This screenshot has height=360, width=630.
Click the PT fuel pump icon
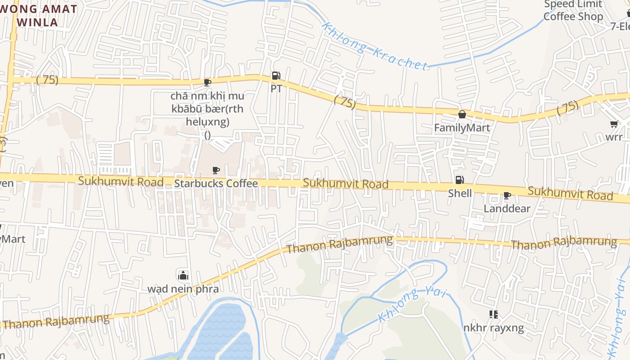[x=276, y=76]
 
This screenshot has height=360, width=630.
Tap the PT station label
[x=276, y=89]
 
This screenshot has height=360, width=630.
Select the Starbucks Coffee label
[x=216, y=183]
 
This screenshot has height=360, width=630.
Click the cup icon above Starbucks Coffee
[x=216, y=170]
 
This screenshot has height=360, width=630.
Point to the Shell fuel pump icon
[x=459, y=180]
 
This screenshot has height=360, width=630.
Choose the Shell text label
[x=460, y=193]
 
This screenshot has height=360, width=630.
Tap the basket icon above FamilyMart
[x=462, y=114]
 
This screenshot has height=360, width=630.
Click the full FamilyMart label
[x=462, y=128]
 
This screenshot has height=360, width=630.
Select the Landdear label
[x=507, y=208]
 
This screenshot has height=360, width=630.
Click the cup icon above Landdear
[x=507, y=195]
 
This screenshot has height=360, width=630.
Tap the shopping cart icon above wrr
[x=614, y=124]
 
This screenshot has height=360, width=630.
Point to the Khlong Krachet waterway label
[x=374, y=46]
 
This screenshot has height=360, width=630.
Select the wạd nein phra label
[x=183, y=288]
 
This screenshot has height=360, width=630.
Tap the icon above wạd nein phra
[x=183, y=275]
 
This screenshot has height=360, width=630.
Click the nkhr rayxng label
[x=494, y=328]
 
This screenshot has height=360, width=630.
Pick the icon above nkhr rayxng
[x=494, y=314]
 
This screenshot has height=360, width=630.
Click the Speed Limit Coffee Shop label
[x=573, y=10]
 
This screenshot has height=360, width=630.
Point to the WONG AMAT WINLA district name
[x=38, y=15]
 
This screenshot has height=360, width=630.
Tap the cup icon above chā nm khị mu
[x=207, y=82]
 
